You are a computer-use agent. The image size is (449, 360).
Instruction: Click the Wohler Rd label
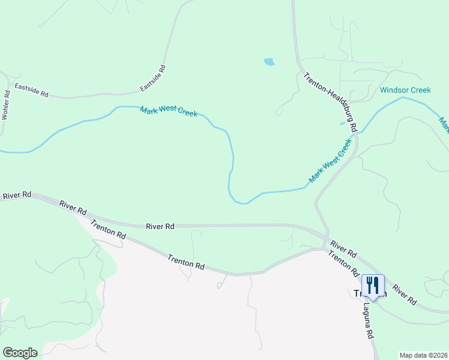point(7,105)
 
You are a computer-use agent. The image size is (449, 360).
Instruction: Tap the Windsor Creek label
point(405,91)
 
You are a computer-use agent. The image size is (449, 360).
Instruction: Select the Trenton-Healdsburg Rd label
point(330,103)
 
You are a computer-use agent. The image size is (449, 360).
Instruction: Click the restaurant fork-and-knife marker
point(373,286)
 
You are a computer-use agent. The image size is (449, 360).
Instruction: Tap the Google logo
point(20,353)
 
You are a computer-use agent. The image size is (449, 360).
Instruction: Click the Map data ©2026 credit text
point(424,355)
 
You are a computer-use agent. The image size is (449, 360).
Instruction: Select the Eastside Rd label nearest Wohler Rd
point(31,91)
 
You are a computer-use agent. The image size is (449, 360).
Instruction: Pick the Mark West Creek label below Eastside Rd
point(169,112)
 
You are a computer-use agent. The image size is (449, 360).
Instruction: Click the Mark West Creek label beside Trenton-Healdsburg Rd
point(330,161)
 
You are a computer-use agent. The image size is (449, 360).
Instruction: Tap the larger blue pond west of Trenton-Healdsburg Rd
point(269,61)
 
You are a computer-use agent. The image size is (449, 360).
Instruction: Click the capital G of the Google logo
point(7,353)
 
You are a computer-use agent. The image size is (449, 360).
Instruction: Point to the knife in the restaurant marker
point(376,283)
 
